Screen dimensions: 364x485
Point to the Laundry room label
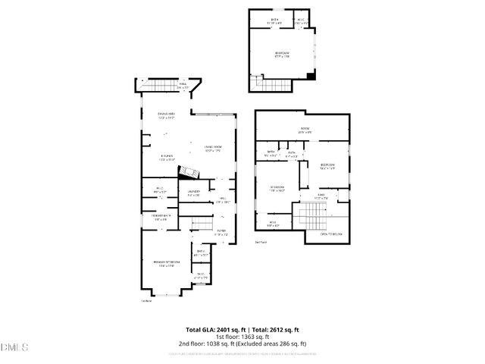[194, 193]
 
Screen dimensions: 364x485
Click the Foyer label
[221, 234]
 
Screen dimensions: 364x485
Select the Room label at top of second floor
[305, 130]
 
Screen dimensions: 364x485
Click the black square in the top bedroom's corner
[311, 76]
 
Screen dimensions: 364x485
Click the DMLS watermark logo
[14, 347]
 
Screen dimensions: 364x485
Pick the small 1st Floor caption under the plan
[146, 300]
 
